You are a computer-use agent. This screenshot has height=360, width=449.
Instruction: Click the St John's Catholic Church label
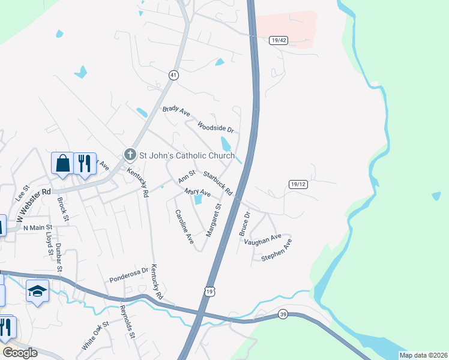point(187,156)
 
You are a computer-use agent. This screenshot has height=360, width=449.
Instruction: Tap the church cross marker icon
point(130,155)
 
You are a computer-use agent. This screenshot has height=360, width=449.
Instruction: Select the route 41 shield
point(173,75)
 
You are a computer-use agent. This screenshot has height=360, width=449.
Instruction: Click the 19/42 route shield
point(279,40)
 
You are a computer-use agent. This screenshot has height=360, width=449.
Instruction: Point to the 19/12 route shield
point(298,184)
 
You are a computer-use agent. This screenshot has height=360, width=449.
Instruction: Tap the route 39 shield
point(283,314)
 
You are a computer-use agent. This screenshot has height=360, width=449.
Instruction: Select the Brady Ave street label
point(176,111)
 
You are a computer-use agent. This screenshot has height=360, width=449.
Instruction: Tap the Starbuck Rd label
point(217,183)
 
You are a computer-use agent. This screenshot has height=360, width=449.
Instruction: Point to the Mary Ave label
point(197,193)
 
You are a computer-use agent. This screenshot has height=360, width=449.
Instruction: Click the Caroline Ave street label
point(184,226)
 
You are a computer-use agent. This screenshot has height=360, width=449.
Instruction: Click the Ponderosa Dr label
point(128,275)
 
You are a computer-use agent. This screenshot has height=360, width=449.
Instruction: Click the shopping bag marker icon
point(62,163)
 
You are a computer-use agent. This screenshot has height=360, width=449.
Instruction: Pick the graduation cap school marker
point(37,291)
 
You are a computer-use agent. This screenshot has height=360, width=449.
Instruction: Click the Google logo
point(20,353)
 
